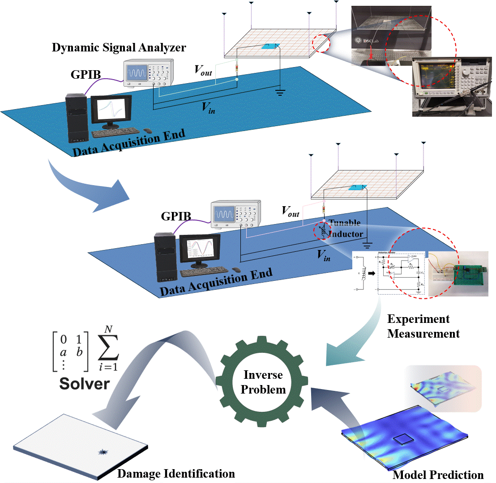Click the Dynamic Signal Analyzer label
(x=119, y=47)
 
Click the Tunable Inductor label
(x=345, y=228)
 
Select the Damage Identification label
(x=176, y=473)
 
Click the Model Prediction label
(x=438, y=475)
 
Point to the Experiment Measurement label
(x=423, y=326)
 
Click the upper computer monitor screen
(x=111, y=109)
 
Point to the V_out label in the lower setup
(x=290, y=211)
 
